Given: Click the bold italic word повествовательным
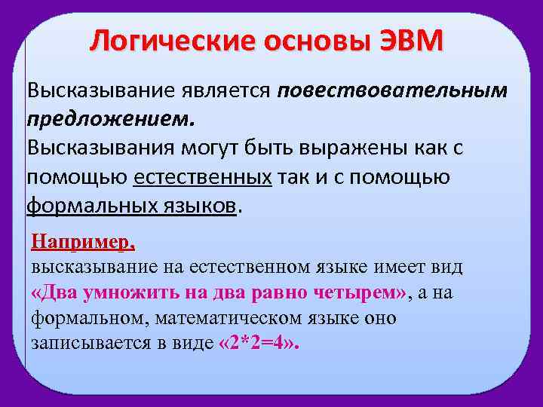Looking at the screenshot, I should (392, 90).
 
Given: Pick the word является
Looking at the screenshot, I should (225, 90).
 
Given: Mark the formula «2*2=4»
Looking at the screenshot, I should (258, 344).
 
